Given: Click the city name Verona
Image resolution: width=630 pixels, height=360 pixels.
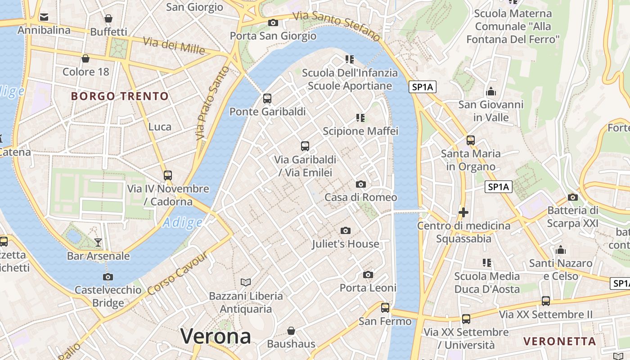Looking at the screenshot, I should pyautogui.click(x=216, y=336).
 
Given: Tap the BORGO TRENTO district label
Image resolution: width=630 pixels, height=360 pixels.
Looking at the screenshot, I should pyautogui.click(x=120, y=96).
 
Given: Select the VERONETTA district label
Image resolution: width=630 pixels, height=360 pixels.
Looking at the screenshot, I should pyautogui.click(x=560, y=341).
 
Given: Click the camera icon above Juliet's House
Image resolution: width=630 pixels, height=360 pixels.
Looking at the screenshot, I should pyautogui.click(x=345, y=231).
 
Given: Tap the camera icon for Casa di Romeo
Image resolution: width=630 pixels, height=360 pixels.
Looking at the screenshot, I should pyautogui.click(x=360, y=184).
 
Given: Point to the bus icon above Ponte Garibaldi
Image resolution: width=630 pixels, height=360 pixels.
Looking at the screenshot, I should pyautogui.click(x=267, y=99).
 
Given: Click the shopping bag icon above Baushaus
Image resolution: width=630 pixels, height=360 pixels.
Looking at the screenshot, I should pyautogui.click(x=291, y=331).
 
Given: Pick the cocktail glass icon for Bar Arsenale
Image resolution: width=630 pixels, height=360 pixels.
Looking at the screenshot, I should pyautogui.click(x=98, y=243).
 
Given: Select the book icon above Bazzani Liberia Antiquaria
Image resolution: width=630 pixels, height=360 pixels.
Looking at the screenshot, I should pyautogui.click(x=245, y=283).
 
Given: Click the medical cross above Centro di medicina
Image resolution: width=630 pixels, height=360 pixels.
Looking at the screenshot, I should pyautogui.click(x=463, y=212).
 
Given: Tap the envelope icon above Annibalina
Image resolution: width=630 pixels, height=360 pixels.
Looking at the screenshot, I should pyautogui.click(x=44, y=17).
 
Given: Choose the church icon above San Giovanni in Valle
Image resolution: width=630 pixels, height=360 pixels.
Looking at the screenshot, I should pyautogui.click(x=491, y=92).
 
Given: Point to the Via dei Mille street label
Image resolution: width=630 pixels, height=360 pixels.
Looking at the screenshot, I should pyautogui.click(x=174, y=45).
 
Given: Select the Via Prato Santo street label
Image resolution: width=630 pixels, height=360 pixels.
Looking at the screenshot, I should pyautogui.click(x=212, y=103).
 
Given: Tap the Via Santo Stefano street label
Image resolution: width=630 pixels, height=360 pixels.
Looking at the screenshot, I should pyautogui.click(x=337, y=26).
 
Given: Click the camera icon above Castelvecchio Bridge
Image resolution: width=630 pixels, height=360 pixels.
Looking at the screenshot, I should pyautogui.click(x=108, y=277).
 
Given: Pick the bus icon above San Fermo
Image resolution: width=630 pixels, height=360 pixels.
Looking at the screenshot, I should pyautogui.click(x=385, y=308).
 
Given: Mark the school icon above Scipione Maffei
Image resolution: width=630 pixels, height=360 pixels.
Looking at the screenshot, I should pyautogui.click(x=360, y=118).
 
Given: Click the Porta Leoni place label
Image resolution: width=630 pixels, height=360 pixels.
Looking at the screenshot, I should pyautogui.click(x=368, y=288).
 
